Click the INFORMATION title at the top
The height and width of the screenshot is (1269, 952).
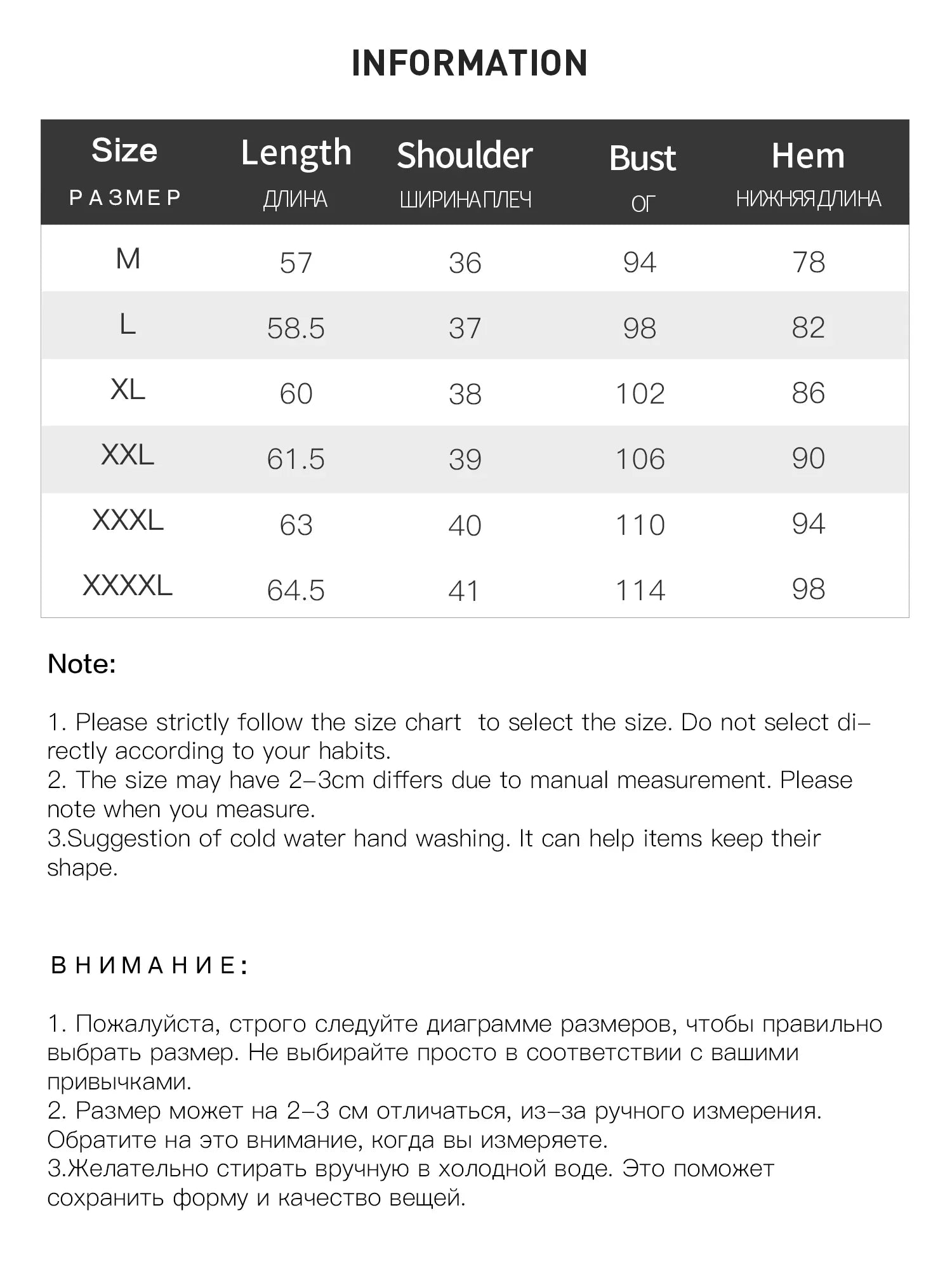[x=470, y=63]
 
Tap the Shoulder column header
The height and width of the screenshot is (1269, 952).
[x=465, y=156]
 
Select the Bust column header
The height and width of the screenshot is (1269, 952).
[x=642, y=158]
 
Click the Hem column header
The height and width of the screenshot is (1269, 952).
[x=808, y=156]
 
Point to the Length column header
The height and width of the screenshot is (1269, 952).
[x=296, y=154]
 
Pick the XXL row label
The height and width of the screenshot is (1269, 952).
[x=128, y=455]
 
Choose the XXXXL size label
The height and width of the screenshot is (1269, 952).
[x=128, y=586]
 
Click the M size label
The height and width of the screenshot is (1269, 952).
[x=128, y=259]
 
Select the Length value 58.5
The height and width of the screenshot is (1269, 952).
[x=296, y=329]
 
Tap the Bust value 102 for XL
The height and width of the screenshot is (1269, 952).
[x=640, y=394]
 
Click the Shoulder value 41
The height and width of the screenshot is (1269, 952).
[x=464, y=591]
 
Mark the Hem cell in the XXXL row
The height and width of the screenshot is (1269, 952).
[x=808, y=524]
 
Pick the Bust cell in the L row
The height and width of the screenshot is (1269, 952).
[x=639, y=329]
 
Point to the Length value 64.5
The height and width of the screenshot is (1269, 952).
[x=296, y=591]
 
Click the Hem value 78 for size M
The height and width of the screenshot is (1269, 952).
[x=809, y=263]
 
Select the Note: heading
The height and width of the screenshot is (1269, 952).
[x=82, y=664]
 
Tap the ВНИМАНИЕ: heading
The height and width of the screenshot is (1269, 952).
[x=149, y=965]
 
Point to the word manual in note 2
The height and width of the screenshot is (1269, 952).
[x=569, y=780]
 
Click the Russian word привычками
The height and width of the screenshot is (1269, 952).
[x=119, y=1081]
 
